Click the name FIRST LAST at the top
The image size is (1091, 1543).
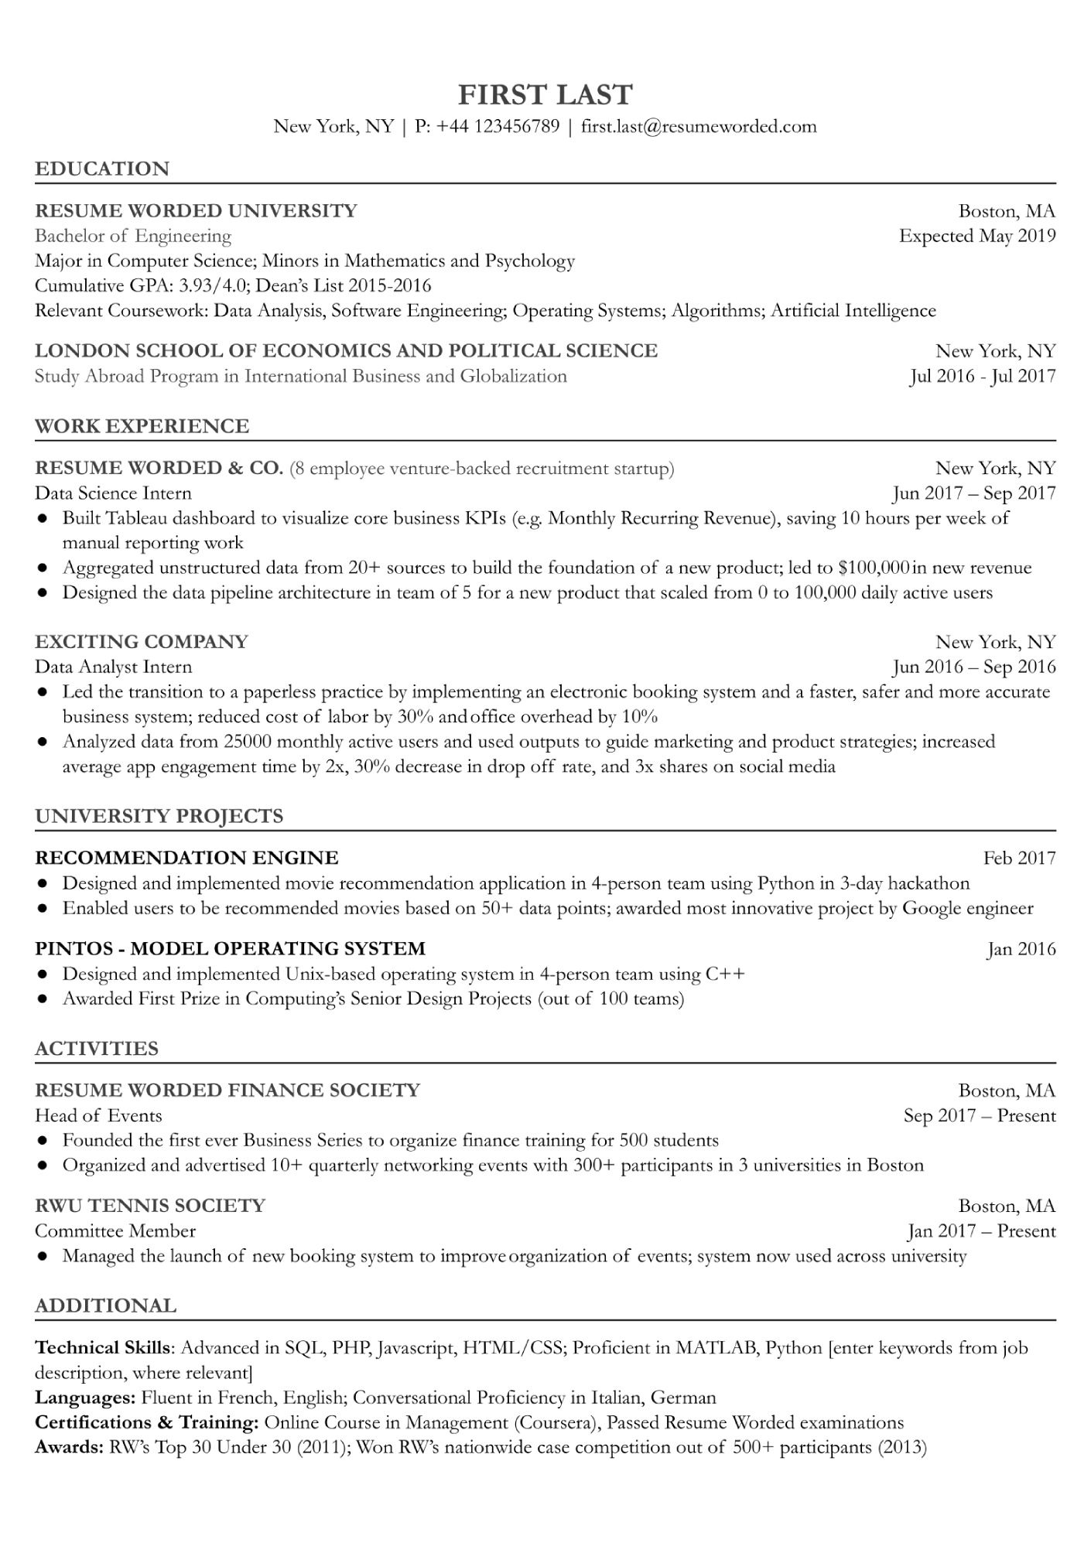(x=545, y=94)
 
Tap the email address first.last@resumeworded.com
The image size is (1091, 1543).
(x=699, y=126)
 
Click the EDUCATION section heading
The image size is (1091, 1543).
(x=102, y=169)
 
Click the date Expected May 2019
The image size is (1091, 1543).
(x=976, y=236)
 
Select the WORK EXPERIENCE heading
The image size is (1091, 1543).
(x=142, y=426)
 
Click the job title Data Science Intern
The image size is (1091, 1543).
(x=113, y=493)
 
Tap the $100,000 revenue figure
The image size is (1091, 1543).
(x=873, y=568)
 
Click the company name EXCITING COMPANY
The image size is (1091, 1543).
(x=142, y=641)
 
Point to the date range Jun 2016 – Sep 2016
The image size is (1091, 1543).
(x=973, y=667)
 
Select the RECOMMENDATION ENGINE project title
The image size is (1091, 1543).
(x=186, y=857)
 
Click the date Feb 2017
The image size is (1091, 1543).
(x=1019, y=858)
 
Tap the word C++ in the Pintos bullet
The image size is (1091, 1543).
(x=724, y=974)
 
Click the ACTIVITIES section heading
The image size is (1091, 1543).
(x=97, y=1049)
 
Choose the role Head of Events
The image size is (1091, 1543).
(x=98, y=1115)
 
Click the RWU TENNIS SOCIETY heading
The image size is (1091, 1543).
(x=150, y=1205)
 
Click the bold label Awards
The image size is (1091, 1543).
(x=68, y=1447)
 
